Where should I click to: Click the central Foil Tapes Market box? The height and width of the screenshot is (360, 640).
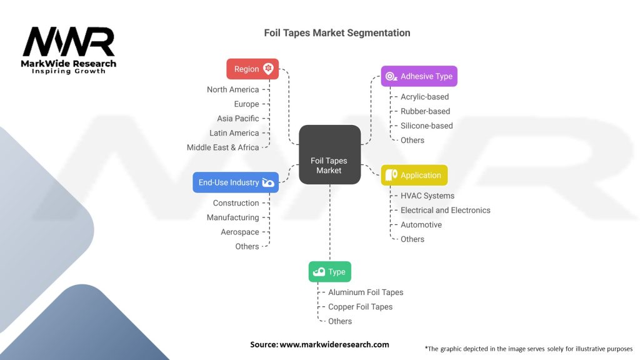329,154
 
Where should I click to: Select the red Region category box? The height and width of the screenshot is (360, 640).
252,69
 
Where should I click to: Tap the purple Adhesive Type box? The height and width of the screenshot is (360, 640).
419,76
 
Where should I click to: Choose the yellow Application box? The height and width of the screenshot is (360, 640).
414,176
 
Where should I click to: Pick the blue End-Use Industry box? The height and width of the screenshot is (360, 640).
235,182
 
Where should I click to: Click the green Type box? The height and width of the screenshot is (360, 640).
329,272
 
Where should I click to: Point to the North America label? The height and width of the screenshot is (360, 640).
232,89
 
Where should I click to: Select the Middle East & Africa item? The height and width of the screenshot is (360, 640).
222,147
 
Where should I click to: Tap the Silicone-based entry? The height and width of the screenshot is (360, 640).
426,126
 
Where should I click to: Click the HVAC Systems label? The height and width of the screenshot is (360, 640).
427,196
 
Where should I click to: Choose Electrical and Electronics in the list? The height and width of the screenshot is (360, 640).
445,210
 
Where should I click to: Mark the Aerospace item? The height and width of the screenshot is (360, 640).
239,232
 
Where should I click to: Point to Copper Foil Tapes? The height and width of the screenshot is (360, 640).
360,307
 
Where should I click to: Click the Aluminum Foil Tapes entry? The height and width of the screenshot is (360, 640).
366,292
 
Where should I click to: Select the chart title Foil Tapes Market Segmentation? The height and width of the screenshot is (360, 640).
337,32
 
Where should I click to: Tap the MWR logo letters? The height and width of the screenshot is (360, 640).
69,42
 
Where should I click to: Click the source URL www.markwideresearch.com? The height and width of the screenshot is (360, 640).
334,344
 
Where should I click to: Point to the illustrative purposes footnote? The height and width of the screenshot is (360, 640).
528,349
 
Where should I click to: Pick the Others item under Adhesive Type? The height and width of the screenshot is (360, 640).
412,140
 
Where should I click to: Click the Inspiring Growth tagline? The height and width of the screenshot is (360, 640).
69,71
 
